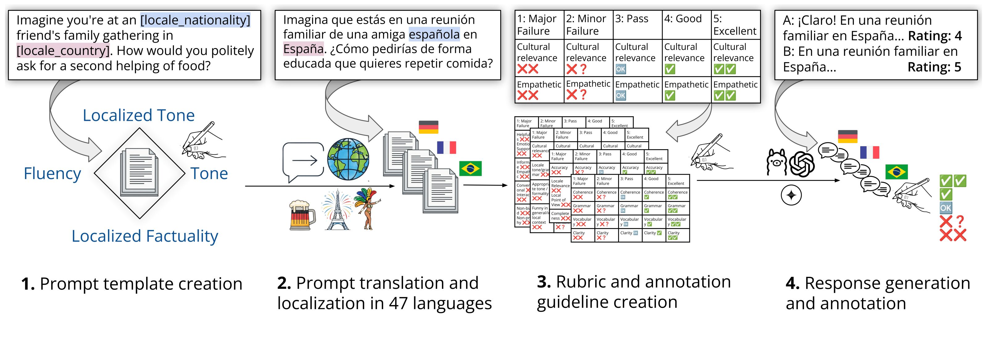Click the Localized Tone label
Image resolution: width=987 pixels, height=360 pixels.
(139, 115)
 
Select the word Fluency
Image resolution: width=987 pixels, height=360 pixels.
(52, 174)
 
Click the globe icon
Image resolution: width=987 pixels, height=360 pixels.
(348, 159)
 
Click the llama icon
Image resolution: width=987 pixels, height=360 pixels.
(776, 162)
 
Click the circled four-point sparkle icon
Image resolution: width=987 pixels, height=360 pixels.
(791, 195)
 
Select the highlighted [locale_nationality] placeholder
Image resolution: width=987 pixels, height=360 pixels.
(196, 20)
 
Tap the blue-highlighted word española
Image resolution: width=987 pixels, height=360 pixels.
(434, 35)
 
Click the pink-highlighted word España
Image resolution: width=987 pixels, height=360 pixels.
(303, 49)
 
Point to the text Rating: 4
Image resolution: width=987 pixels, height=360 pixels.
(935, 36)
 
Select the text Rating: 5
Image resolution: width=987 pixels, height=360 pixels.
(934, 67)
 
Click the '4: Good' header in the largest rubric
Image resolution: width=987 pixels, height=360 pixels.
(683, 19)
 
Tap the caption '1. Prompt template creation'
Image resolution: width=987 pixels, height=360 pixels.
(132, 284)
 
